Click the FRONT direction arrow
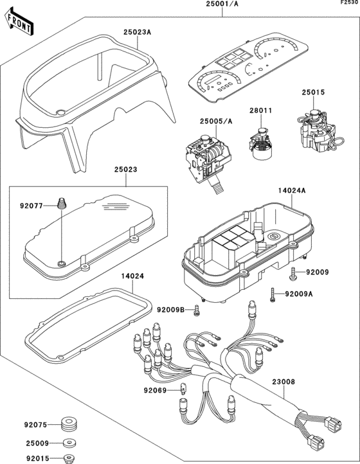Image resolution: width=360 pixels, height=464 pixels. [19, 22]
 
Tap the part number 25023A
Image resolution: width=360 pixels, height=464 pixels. [138, 32]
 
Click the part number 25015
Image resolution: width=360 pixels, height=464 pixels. [313, 93]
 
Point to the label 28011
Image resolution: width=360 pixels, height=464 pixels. [260, 111]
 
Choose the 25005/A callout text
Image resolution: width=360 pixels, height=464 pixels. [216, 121]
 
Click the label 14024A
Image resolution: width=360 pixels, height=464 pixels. [292, 190]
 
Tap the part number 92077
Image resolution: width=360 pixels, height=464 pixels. [32, 206]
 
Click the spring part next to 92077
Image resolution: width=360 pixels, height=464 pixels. [62, 203]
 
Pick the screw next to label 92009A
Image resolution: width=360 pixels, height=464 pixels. [273, 295]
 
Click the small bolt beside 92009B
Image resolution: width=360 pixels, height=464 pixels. [196, 310]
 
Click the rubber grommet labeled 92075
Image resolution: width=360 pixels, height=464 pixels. [69, 425]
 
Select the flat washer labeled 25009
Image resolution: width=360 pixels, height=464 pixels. [70, 443]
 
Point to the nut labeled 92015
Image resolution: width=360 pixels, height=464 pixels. [70, 458]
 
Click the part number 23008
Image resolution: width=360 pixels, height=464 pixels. [283, 382]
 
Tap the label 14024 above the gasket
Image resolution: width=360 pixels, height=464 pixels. [132, 276]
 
